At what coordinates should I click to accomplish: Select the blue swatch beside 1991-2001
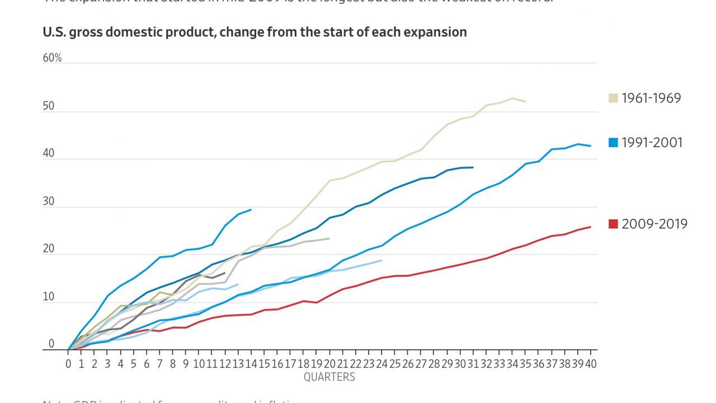coord(613,143)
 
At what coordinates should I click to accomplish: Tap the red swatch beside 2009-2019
coord(613,224)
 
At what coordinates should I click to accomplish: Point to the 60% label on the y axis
coord(52,58)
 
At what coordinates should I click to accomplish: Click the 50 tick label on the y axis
coord(49,106)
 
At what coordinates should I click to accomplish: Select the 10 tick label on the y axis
coord(49,297)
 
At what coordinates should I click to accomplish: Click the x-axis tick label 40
coord(591,364)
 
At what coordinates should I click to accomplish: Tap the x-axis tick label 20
coord(329,364)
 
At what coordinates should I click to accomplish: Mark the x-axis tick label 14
coord(251,364)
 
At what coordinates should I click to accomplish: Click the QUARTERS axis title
coord(329,377)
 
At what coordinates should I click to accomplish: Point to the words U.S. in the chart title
coord(54,32)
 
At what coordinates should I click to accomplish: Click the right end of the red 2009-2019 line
coord(591,227)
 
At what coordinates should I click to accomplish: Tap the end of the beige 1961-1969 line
coord(525,101)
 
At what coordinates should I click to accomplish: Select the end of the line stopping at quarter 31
coord(473,167)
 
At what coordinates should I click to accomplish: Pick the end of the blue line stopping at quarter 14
coord(251,210)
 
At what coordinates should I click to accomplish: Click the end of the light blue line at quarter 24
coord(381,260)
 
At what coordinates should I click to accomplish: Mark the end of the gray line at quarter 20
coord(329,238)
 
